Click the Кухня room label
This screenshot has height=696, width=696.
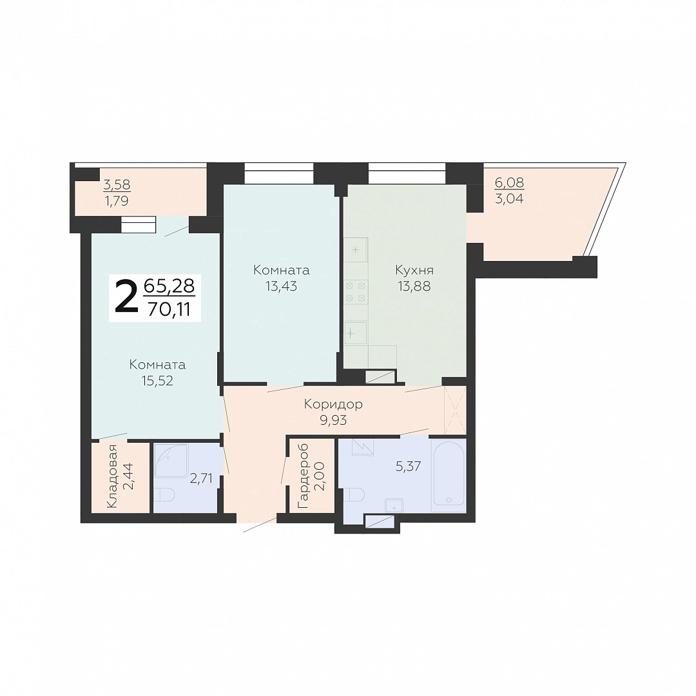coord(414,270)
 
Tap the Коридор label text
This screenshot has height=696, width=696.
coord(333,404)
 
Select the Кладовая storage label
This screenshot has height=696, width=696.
coord(113,476)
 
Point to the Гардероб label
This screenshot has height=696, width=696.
coord(304,476)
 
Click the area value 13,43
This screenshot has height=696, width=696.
coord(281,286)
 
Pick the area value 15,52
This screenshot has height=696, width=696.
coord(157,381)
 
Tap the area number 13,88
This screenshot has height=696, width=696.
coord(414,286)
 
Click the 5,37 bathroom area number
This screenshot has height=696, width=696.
coord(408,466)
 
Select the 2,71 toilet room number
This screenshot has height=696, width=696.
coord(201,478)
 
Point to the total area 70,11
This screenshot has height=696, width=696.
coord(169,309)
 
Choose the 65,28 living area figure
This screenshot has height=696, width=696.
coord(169,286)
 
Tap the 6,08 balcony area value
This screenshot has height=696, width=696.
coord(509,182)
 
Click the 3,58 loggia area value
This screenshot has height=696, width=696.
coord(117,184)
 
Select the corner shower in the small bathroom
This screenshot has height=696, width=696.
coord(170,460)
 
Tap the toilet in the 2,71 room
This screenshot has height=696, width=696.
coord(165,494)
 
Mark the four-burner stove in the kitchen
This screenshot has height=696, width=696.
coord(356,292)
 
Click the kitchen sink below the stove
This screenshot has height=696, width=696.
coord(356,333)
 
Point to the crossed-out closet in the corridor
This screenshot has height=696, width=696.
coord(456,410)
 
